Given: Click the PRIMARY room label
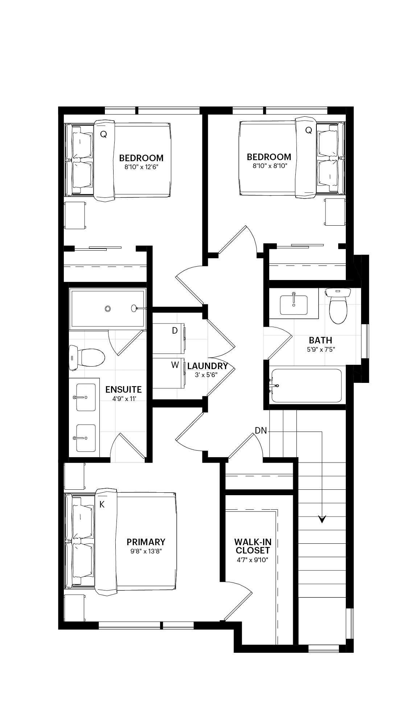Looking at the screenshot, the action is [146, 542].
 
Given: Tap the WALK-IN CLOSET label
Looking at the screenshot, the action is [253, 546].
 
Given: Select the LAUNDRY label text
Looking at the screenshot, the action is [208, 366].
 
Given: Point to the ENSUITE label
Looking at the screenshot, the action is [123, 389].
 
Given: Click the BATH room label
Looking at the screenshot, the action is [320, 340].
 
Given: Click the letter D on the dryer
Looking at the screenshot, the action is [175, 331].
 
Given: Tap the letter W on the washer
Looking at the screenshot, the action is [175, 365].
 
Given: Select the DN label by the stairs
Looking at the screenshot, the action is [261, 431].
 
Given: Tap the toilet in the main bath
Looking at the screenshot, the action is [338, 305].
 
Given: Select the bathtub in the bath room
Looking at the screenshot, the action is [307, 386].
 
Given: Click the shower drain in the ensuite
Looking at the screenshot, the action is [107, 308].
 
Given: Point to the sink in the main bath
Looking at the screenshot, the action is [294, 305].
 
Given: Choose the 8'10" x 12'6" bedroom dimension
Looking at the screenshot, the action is [142, 167].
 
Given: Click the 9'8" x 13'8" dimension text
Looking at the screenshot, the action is [146, 551].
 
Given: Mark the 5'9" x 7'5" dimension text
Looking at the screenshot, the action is [321, 350].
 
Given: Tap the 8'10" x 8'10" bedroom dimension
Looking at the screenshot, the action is [269, 166].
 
